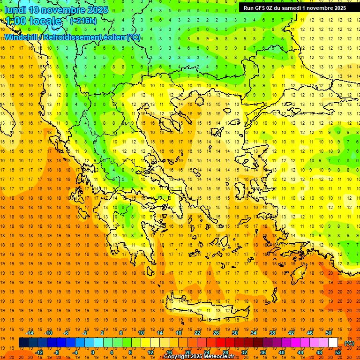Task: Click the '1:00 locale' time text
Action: pos(33,21)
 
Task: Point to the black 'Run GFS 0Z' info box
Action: pos(295,8)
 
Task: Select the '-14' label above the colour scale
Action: pos(30,333)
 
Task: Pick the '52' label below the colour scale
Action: pos(338,352)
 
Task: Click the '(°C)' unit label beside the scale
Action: pos(349,343)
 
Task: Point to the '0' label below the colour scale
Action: pos(93,352)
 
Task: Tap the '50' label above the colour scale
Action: pos(329,333)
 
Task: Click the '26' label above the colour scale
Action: pos(216,333)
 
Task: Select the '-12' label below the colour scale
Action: pos(39,352)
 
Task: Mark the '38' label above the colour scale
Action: pos(272,333)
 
